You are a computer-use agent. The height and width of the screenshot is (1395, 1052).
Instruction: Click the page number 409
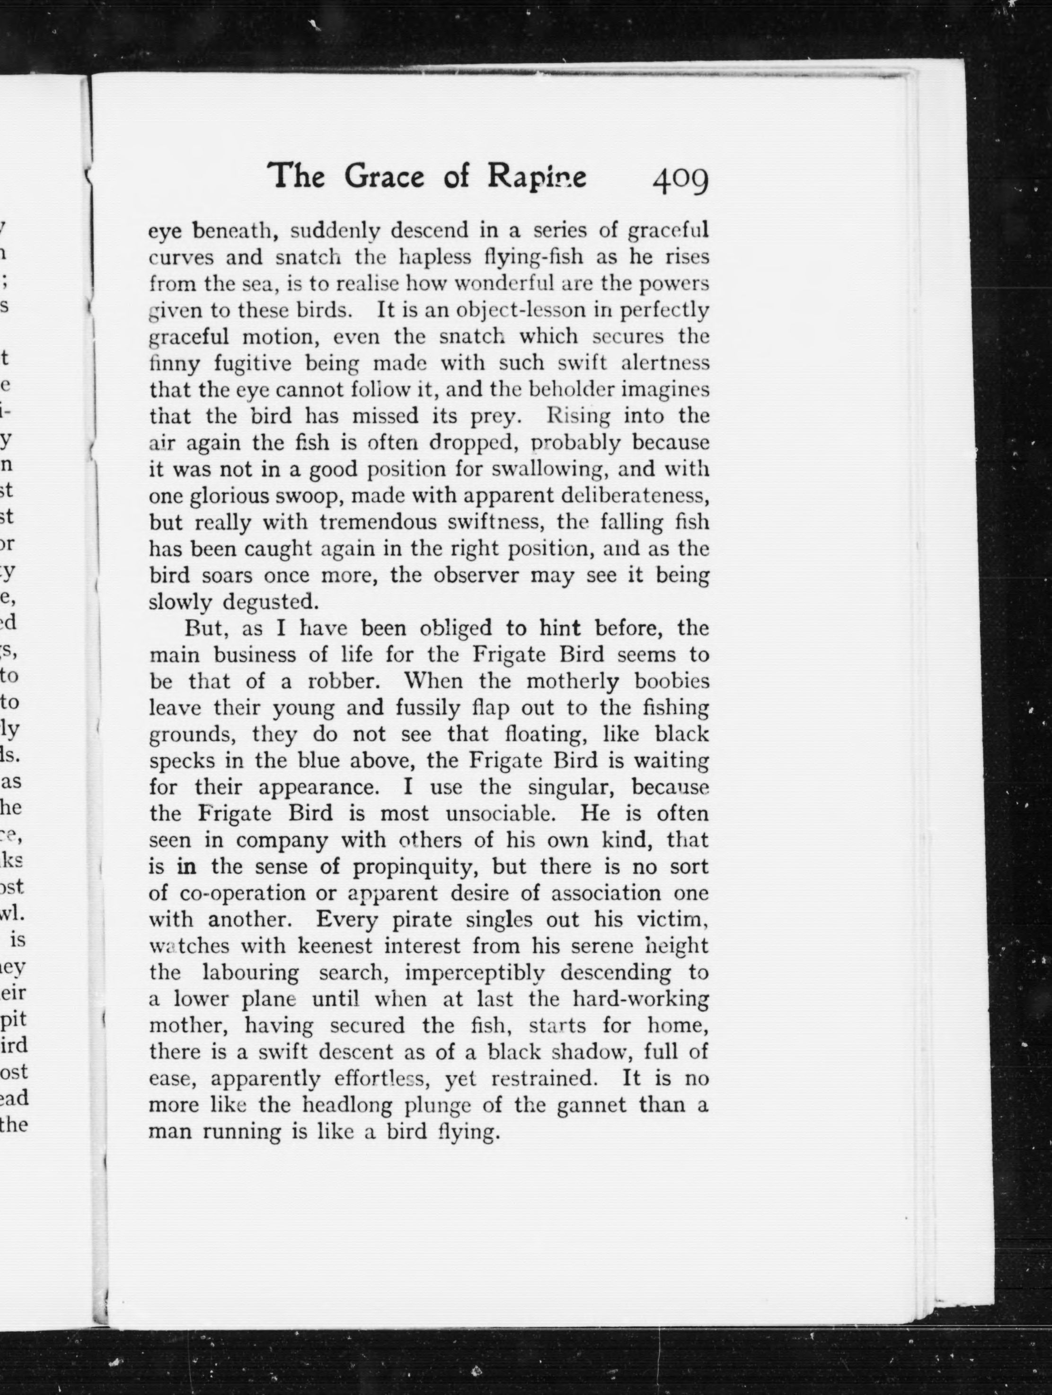pos(681,180)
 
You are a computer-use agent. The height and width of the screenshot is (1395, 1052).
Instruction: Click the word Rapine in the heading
pos(537,176)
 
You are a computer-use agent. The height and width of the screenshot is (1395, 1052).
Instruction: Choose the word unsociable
pos(500,813)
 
